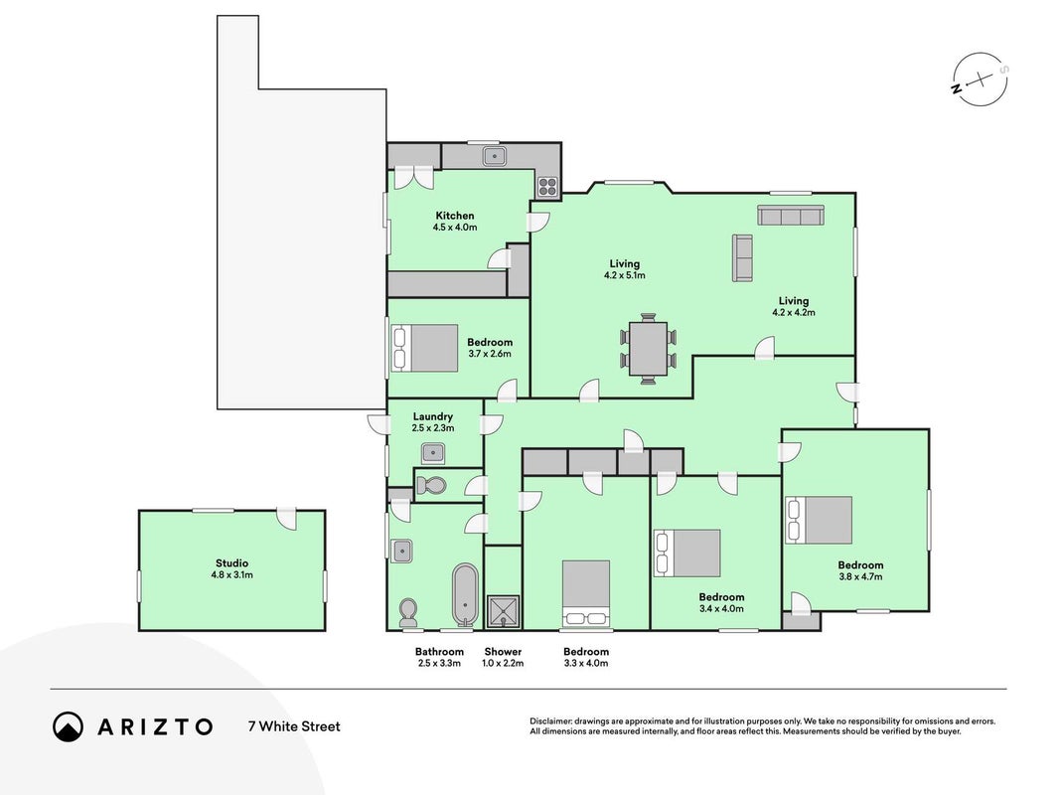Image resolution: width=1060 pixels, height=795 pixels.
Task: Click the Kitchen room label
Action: pyautogui.click(x=454, y=216)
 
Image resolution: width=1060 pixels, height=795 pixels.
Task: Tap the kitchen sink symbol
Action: pyautogui.click(x=495, y=156)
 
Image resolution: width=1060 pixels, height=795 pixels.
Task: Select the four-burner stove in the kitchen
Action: pyautogui.click(x=547, y=186)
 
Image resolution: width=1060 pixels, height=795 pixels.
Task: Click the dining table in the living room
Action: pyautogui.click(x=649, y=348)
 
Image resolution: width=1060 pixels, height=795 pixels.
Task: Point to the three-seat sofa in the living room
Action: pyautogui.click(x=790, y=216)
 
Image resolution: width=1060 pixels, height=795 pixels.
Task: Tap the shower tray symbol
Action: pyautogui.click(x=503, y=612)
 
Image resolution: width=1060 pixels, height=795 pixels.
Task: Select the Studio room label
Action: pyautogui.click(x=231, y=563)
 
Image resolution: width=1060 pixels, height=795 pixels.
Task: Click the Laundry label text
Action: pyautogui.click(x=433, y=416)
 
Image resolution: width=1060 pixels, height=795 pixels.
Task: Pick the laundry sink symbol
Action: pyautogui.click(x=433, y=453)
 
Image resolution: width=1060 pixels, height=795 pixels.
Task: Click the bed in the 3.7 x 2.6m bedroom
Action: pyautogui.click(x=424, y=348)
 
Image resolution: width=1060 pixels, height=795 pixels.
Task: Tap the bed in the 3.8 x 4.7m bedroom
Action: pyautogui.click(x=818, y=520)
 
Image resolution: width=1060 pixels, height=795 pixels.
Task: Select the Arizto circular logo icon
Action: pyautogui.click(x=69, y=726)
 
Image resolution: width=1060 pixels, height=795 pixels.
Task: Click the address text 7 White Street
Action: pyautogui.click(x=294, y=726)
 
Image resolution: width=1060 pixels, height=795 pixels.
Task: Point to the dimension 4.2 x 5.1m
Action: pyautogui.click(x=625, y=275)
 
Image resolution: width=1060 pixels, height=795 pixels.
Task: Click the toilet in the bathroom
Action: pyautogui.click(x=408, y=613)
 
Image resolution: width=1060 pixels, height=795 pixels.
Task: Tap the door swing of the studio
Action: pyautogui.click(x=287, y=519)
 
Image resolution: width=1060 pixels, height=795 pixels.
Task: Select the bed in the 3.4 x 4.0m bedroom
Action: pyautogui.click(x=686, y=553)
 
